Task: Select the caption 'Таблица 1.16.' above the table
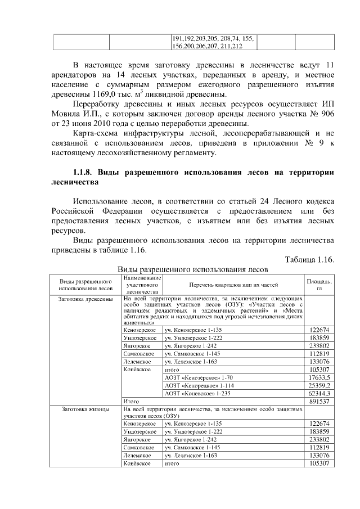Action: (310, 259)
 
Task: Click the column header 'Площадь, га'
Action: (319, 284)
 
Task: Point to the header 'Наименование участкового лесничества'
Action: (142, 285)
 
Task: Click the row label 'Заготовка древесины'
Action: (85, 299)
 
